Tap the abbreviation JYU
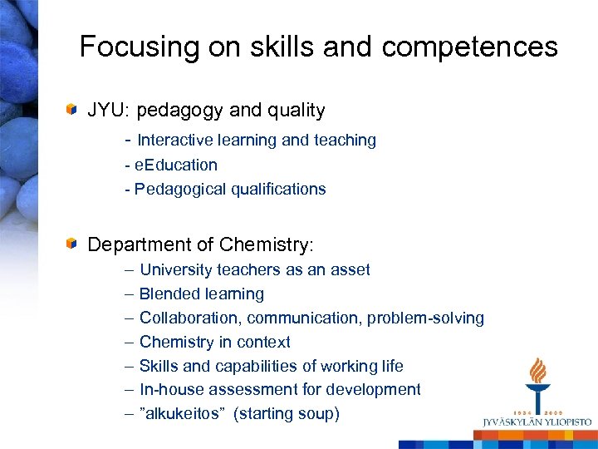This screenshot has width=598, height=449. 109,110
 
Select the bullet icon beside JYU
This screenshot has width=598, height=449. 73,109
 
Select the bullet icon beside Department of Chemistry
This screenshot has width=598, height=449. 73,244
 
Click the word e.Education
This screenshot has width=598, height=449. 176,165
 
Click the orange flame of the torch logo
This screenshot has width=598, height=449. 538,369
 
